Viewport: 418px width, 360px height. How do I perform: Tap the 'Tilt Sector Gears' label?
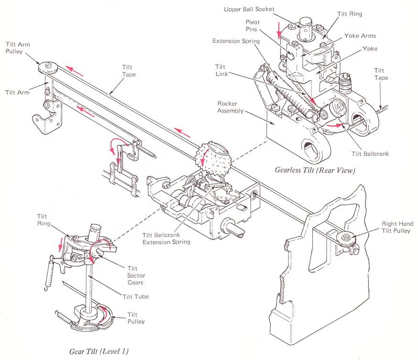point(136,275)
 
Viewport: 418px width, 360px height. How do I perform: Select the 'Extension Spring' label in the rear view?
point(236,41)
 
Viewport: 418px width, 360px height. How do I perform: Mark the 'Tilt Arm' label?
point(17,92)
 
